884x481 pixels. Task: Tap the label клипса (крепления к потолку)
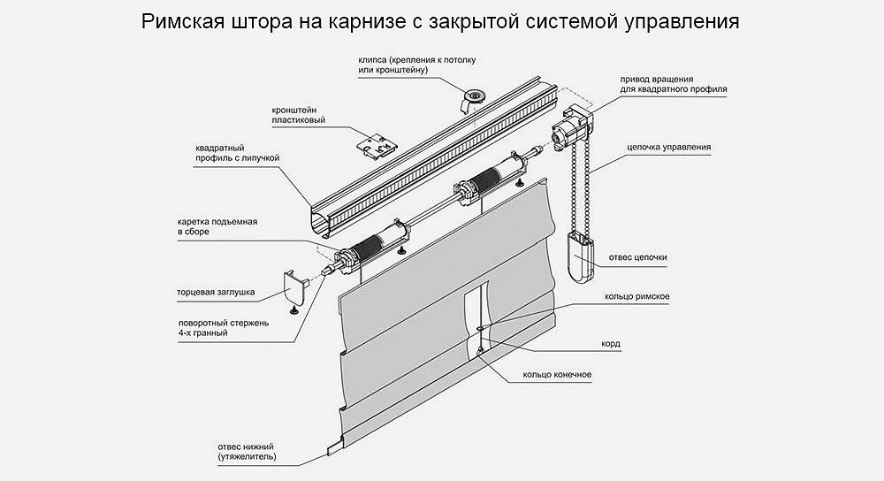[417, 65]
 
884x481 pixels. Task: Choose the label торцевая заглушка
[216, 289]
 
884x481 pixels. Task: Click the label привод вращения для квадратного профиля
[673, 84]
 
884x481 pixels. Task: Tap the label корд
[610, 343]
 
